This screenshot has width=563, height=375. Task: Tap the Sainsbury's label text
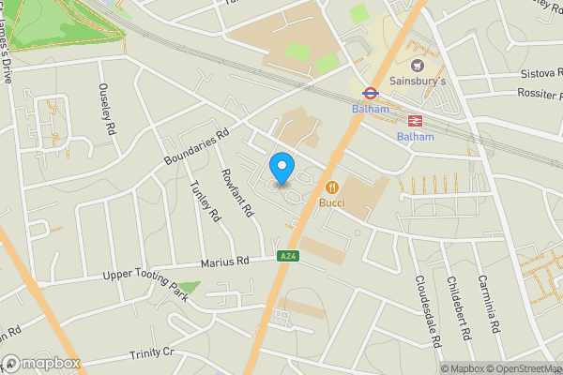pos(418,82)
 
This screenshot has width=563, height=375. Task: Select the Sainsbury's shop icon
pos(418,65)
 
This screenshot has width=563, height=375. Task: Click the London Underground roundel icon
pos(370,93)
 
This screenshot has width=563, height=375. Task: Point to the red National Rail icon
pos(415,120)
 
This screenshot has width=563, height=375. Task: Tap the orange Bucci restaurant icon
pos(331,186)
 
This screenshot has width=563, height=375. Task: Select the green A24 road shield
pos(287,256)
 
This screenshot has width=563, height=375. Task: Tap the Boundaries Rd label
pos(196,149)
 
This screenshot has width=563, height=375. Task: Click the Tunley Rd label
pos(205,201)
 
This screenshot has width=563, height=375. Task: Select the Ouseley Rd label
pos(106,107)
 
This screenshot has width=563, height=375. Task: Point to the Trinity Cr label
pos(153,352)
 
